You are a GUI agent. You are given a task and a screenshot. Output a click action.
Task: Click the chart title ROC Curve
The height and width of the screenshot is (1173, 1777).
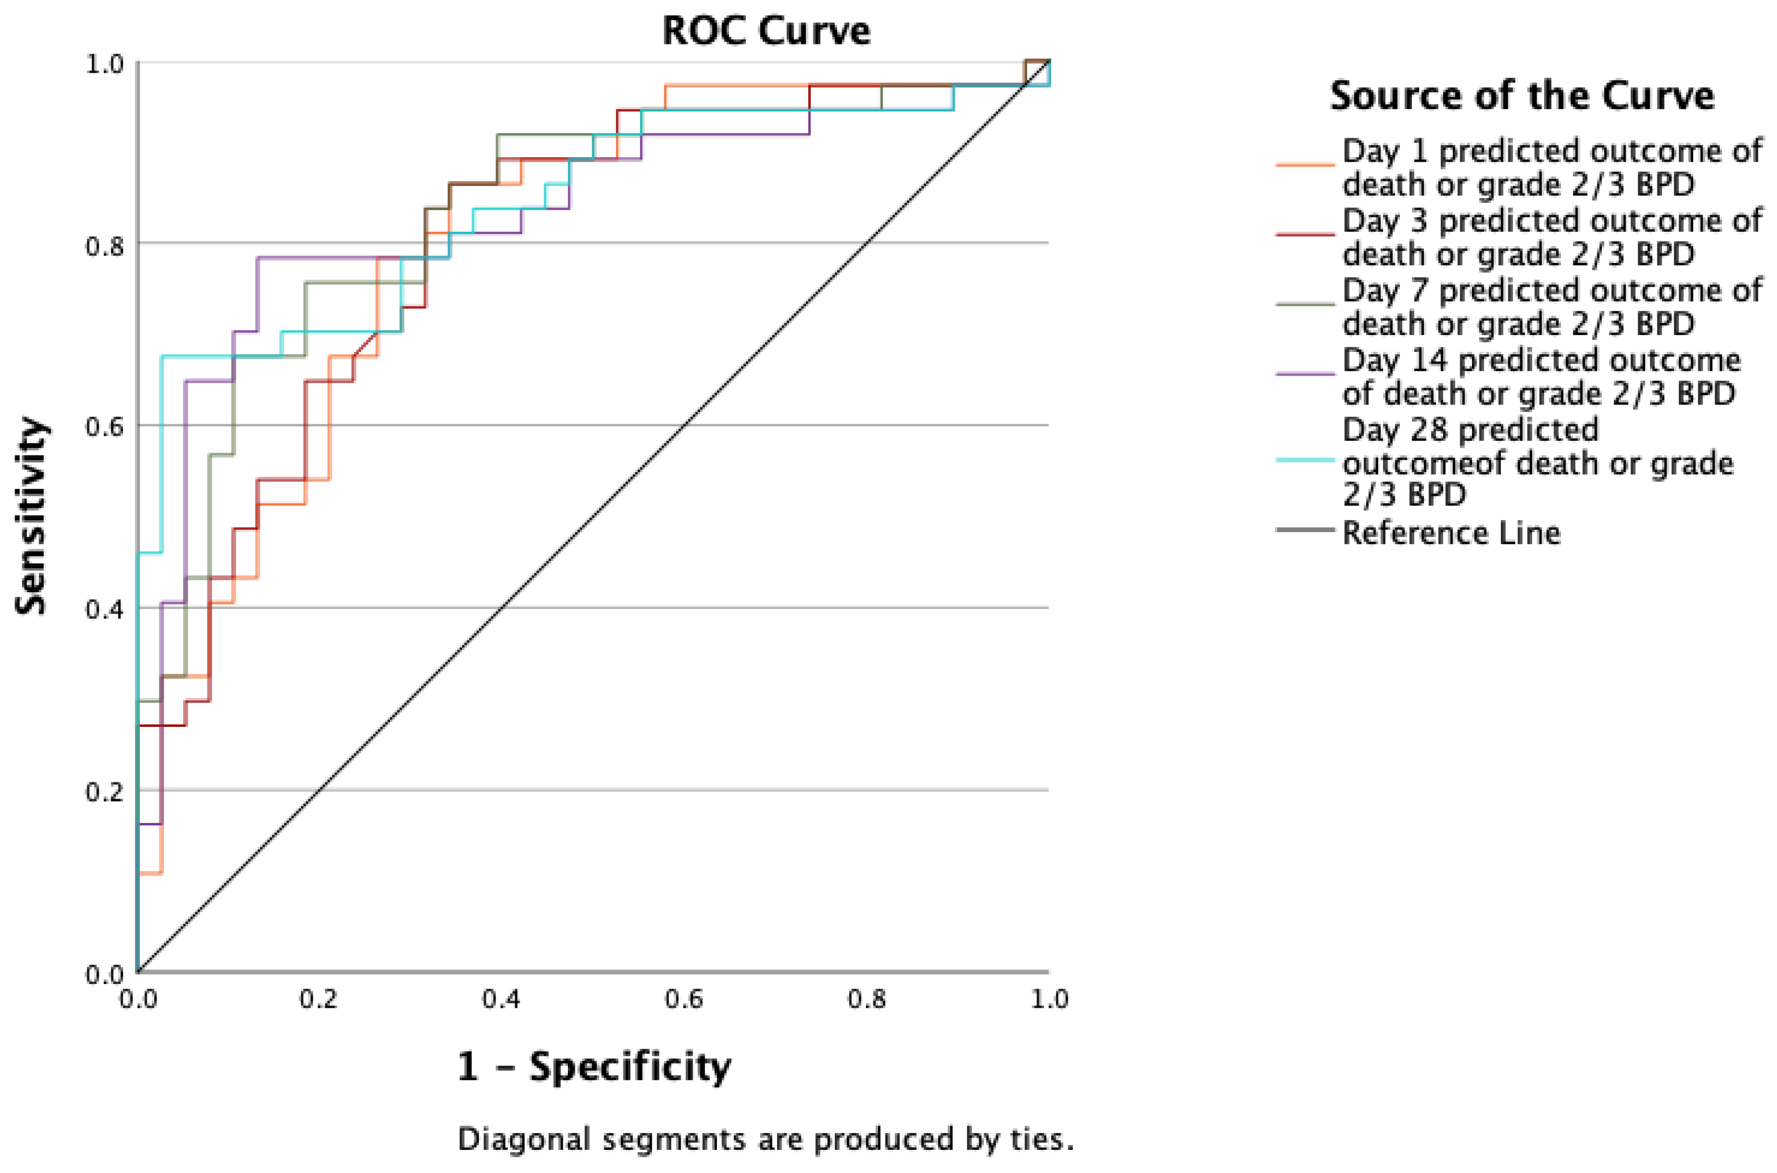click(x=766, y=31)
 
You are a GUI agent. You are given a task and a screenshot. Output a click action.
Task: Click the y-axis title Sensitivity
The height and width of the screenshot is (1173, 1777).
click(x=31, y=516)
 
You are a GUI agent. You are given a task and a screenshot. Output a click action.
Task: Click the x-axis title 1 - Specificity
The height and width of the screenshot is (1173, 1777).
click(x=594, y=1066)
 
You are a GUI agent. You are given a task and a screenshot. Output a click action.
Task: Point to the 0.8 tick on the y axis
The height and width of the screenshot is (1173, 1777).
click(x=105, y=244)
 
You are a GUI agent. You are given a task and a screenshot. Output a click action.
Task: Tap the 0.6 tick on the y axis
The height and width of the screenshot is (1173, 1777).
click(x=105, y=426)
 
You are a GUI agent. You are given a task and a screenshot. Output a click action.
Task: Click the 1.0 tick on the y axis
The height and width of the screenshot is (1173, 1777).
click(x=105, y=63)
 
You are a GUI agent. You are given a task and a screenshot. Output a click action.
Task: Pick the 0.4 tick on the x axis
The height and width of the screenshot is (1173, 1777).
click(x=501, y=998)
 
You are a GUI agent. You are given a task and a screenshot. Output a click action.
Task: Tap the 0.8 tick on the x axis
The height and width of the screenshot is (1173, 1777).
click(x=867, y=998)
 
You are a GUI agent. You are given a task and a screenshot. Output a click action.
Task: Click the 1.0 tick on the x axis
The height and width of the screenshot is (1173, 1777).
click(x=1049, y=998)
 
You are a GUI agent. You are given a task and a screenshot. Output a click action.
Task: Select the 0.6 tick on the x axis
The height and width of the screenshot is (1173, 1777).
click(x=683, y=998)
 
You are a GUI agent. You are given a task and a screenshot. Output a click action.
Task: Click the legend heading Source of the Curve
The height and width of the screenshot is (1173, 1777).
click(x=1522, y=96)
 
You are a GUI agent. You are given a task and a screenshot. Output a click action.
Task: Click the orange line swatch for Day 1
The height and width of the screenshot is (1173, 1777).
click(x=1305, y=165)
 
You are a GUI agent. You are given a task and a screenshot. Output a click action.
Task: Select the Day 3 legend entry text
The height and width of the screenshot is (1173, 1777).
click(x=1552, y=237)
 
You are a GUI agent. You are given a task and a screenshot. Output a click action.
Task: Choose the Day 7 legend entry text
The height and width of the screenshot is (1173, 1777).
click(x=1552, y=307)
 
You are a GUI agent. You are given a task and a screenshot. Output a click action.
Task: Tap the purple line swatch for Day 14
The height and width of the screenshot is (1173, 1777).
click(x=1305, y=373)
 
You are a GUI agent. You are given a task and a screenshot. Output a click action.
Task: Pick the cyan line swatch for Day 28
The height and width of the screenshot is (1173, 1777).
click(x=1305, y=460)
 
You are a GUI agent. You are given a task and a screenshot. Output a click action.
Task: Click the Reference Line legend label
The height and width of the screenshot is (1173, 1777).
click(x=1451, y=533)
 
